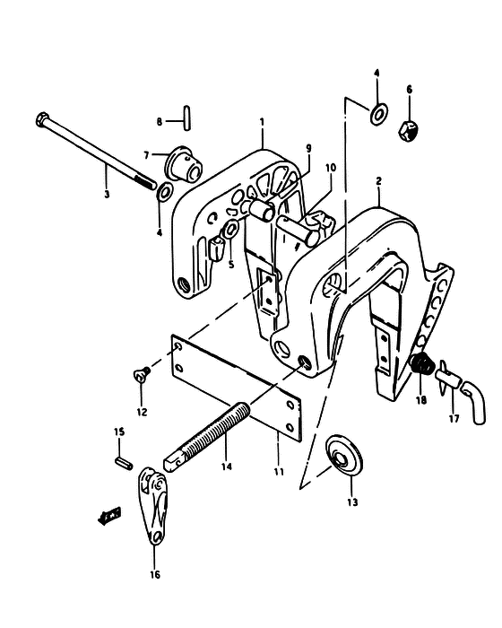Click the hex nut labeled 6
[409, 131]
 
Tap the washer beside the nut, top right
[378, 113]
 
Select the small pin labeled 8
[186, 118]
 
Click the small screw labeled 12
[142, 375]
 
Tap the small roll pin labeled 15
[124, 464]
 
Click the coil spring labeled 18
[422, 363]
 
